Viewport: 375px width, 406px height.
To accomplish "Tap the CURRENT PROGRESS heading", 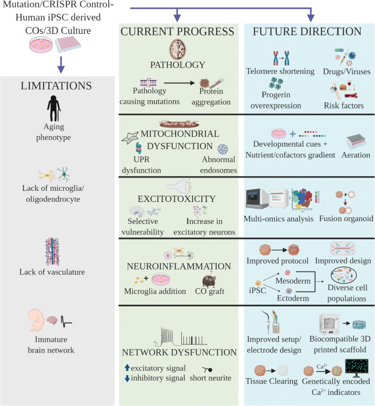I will [x=177, y=32].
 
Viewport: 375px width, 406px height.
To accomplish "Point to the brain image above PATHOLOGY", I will [x=178, y=50].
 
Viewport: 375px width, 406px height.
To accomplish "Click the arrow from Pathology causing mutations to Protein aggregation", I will [x=176, y=82].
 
